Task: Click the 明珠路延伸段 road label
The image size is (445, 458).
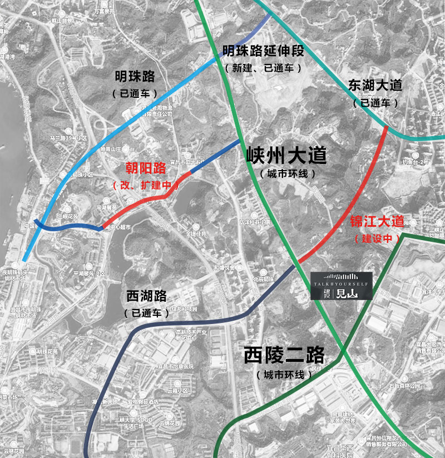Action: [x=263, y=52]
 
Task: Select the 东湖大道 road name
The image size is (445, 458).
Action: [x=375, y=85]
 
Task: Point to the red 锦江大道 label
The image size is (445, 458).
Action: [x=377, y=221]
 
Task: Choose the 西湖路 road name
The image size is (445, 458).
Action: [x=146, y=296]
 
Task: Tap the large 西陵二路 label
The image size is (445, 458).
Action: [x=284, y=355]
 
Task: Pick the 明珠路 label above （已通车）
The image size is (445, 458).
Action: [x=135, y=76]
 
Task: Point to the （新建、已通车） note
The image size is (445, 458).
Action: [x=263, y=68]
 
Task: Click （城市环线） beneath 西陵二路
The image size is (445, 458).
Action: [x=284, y=375]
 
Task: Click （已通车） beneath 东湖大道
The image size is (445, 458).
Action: [x=375, y=102]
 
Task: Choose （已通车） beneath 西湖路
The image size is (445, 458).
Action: [x=146, y=313]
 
